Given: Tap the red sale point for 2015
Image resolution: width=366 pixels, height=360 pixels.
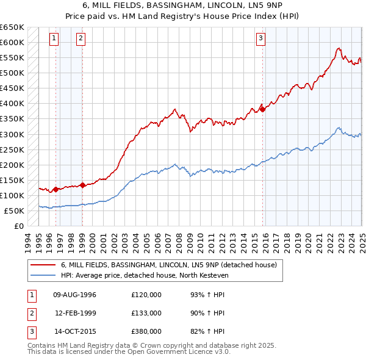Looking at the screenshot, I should [263, 109].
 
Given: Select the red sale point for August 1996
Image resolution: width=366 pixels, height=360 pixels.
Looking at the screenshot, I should [56, 189].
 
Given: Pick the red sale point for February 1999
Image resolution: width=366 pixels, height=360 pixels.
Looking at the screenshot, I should [82, 185].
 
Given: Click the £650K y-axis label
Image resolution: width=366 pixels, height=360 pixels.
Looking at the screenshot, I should [12, 27].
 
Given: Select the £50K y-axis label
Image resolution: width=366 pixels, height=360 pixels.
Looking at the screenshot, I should [15, 211].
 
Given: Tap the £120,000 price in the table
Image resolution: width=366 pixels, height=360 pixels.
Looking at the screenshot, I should [146, 294].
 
